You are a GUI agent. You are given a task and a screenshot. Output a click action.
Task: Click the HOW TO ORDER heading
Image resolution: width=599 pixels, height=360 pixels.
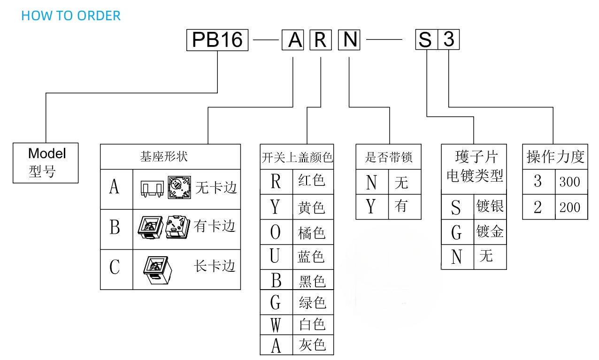tap(71, 15)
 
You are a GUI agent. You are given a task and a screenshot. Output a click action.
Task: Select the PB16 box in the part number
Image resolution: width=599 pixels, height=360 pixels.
tap(217, 40)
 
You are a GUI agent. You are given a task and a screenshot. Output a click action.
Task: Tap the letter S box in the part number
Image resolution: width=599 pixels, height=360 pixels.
tap(425, 40)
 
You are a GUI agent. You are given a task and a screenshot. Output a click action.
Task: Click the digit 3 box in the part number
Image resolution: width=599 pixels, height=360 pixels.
tap(449, 40)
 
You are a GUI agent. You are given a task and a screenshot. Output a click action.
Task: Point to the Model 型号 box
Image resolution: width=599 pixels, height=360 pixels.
tap(46, 162)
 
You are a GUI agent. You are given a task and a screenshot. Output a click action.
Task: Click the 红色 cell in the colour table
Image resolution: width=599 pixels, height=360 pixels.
tap(312, 181)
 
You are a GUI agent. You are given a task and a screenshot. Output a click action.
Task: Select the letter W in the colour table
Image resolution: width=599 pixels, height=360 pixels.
tap(276, 324)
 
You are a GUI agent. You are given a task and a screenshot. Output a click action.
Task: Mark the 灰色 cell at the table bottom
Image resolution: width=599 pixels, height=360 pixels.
tap(312, 345)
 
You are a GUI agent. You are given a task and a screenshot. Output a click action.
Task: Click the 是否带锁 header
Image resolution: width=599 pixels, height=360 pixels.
tap(389, 157)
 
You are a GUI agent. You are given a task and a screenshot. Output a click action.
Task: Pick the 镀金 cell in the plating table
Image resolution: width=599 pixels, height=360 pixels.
tap(490, 232)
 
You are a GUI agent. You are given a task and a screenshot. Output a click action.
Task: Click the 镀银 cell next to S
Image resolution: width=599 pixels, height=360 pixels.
tap(490, 206)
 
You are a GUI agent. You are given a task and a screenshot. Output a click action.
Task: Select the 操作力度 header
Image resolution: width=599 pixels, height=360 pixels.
tap(555, 157)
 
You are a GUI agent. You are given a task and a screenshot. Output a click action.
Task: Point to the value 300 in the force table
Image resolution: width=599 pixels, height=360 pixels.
tap(569, 182)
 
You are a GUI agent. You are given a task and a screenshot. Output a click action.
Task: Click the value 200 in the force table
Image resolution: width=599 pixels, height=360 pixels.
tap(569, 207)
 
